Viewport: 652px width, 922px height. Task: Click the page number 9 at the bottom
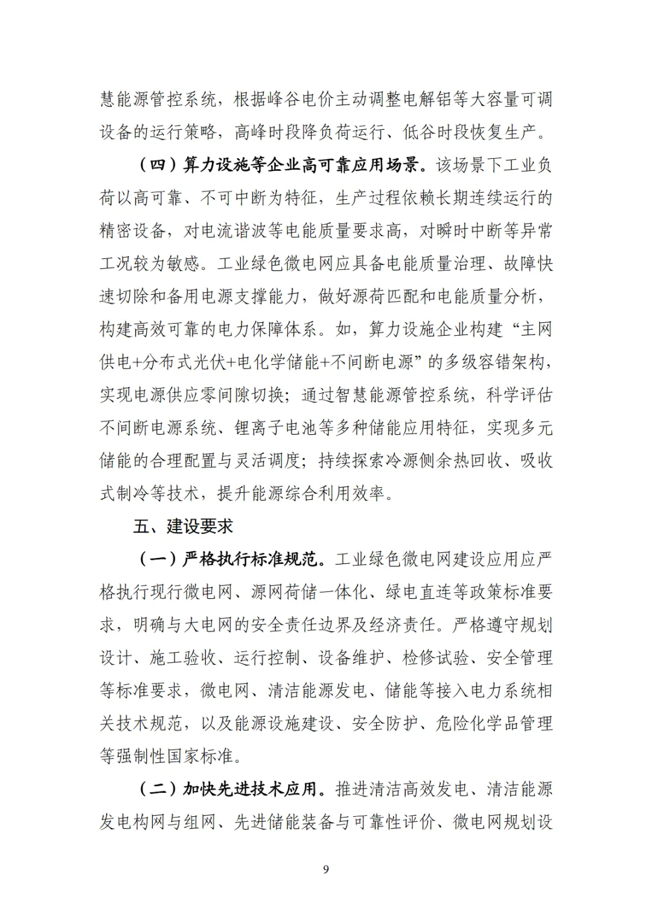(326, 869)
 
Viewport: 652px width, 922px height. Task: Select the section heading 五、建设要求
(183, 527)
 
